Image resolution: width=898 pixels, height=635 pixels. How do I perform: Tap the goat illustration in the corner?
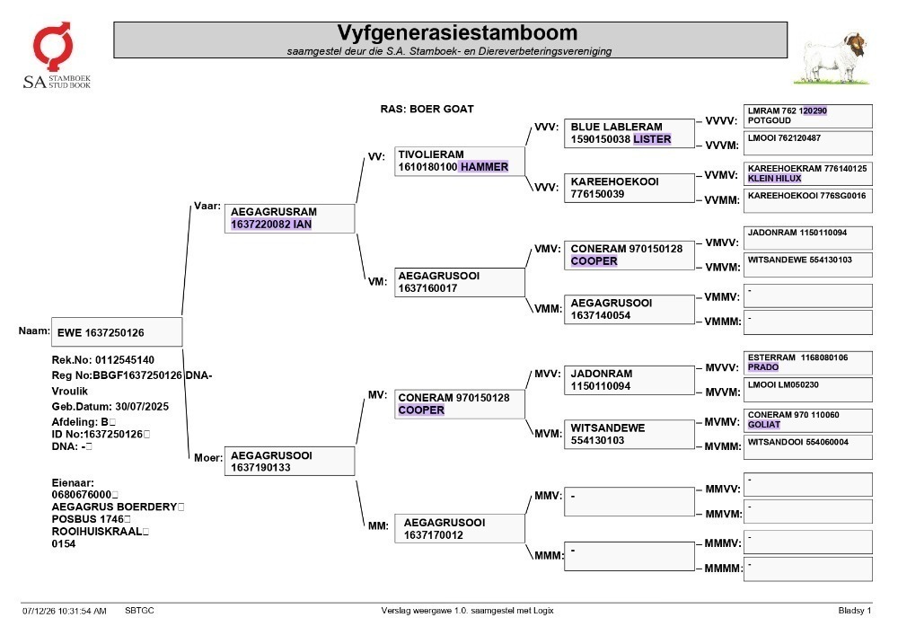pyautogui.click(x=832, y=57)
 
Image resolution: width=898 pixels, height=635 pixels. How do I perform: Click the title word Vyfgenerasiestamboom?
pyautogui.click(x=457, y=32)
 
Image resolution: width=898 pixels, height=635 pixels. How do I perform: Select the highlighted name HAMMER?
pyautogui.click(x=484, y=167)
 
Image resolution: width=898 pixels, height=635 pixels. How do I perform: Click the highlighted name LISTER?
pyautogui.click(x=652, y=139)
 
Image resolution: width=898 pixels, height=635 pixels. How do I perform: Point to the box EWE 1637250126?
pyautogui.click(x=117, y=332)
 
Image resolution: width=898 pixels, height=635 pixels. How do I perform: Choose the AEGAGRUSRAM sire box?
pyautogui.click(x=289, y=218)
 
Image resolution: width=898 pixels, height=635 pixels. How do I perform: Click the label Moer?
pyautogui.click(x=208, y=457)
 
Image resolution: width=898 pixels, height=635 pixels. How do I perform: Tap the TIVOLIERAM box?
pyautogui.click(x=459, y=161)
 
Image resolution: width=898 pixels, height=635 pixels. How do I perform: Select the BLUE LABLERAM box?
pyautogui.click(x=629, y=134)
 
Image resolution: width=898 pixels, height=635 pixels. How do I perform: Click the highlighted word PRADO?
pyautogui.click(x=762, y=367)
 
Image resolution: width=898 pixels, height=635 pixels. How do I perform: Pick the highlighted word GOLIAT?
pyautogui.click(x=764, y=424)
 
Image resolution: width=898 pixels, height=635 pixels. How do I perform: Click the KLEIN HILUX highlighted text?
pyautogui.click(x=774, y=178)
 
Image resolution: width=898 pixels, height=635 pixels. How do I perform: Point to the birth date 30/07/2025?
pyautogui.click(x=142, y=407)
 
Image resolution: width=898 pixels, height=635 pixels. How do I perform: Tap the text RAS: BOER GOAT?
pyautogui.click(x=427, y=109)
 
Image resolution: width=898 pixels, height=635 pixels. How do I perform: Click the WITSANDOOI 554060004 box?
pyautogui.click(x=807, y=447)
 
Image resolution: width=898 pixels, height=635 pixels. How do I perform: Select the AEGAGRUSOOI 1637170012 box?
pyautogui.click(x=459, y=528)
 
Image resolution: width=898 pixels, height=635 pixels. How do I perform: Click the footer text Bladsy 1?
pyautogui.click(x=855, y=611)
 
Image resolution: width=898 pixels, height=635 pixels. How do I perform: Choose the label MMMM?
pyautogui.click(x=723, y=568)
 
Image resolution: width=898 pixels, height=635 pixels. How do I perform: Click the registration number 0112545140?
pyautogui.click(x=125, y=359)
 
